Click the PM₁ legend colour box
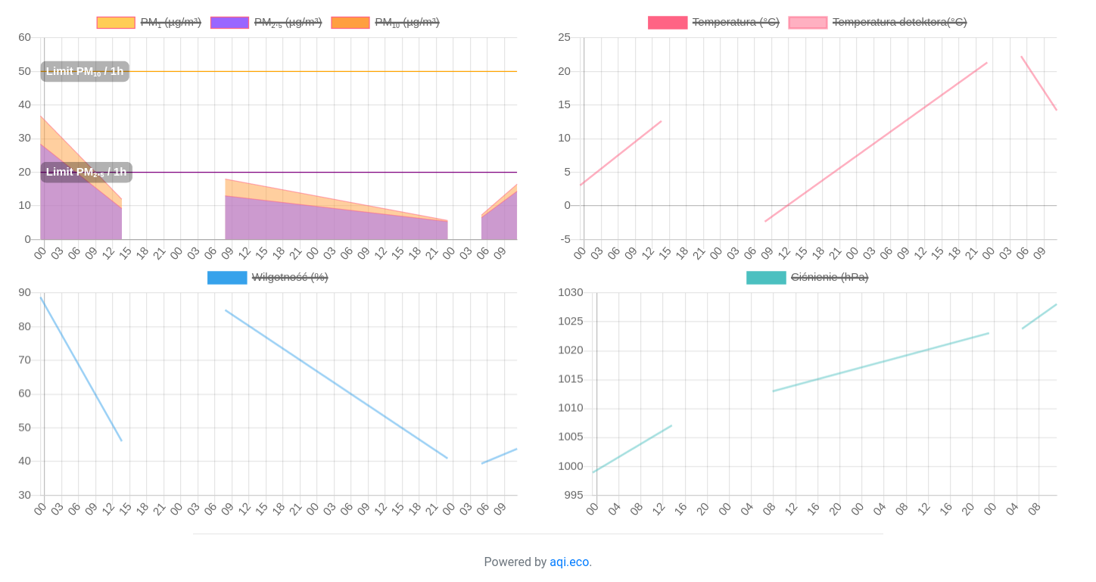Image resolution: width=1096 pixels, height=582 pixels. [x=116, y=23]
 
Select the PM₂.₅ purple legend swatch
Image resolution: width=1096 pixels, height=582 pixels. [x=229, y=23]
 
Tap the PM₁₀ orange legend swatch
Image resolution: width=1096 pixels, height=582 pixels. [x=350, y=23]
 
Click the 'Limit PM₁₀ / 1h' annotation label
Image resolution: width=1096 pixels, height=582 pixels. [x=85, y=71]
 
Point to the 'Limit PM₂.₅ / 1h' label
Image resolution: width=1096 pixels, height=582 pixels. [x=86, y=172]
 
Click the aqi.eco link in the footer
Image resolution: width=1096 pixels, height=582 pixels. [x=569, y=562]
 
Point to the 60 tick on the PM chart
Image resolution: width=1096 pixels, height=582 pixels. [x=25, y=37]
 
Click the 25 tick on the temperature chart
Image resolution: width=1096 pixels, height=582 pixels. [x=564, y=37]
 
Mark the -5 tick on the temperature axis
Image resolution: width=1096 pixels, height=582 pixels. [x=565, y=239]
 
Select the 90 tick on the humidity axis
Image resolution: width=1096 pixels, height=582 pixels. [x=25, y=292]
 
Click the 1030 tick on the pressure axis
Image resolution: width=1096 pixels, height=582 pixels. [x=571, y=292]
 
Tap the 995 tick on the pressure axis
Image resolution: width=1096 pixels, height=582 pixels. [x=574, y=495]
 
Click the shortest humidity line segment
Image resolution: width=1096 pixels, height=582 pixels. [x=500, y=456]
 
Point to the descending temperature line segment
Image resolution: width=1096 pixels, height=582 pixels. [x=1039, y=83]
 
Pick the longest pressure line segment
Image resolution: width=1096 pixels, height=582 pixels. [x=880, y=362]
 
